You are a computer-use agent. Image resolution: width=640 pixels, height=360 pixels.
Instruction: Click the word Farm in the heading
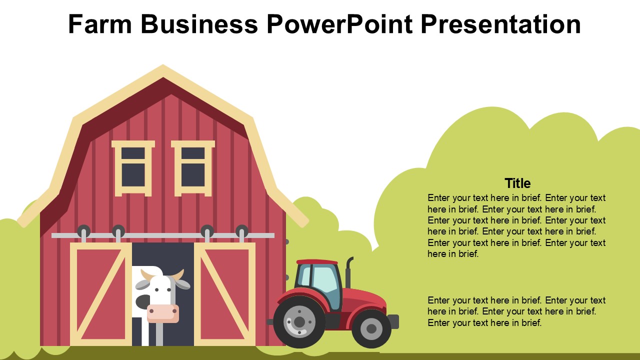100,24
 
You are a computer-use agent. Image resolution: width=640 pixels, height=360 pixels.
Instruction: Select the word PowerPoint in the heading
339,24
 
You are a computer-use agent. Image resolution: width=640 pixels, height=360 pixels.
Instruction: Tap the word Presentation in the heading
500,24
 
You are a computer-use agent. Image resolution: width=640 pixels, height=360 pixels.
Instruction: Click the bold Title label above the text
517,183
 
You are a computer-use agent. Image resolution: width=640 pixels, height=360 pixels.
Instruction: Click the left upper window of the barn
133,168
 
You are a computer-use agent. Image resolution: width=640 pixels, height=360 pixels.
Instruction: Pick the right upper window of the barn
193,168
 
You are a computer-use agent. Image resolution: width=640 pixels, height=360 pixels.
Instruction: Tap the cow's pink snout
163,313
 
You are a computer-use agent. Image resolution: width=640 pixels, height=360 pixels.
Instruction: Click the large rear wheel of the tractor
299,322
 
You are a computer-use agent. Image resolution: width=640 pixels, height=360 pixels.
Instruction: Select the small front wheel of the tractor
371,328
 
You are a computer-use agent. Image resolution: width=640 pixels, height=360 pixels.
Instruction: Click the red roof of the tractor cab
317,261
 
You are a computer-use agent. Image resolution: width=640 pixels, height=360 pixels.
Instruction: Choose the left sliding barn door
101,294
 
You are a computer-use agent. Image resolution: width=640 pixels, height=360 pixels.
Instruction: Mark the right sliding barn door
224,294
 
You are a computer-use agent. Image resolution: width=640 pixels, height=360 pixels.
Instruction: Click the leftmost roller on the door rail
83,231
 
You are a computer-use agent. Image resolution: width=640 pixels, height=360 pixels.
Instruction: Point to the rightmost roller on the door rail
241,231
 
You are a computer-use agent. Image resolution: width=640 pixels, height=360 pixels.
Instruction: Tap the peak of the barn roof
163,65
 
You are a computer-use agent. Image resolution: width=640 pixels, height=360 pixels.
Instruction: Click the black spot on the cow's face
143,301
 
